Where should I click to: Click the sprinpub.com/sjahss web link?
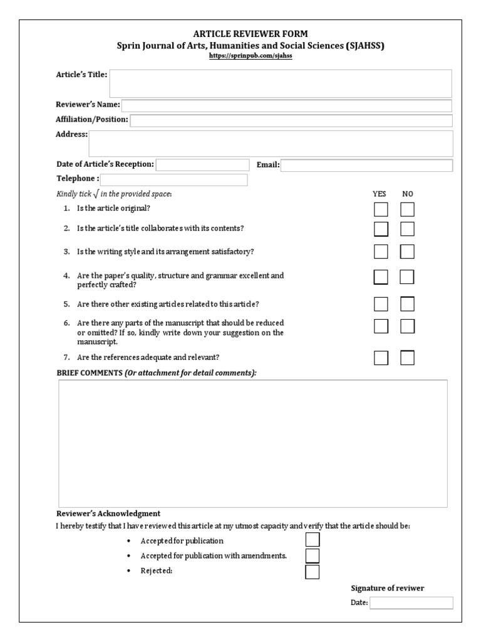(x=250, y=56)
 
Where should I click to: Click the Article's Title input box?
(x=280, y=83)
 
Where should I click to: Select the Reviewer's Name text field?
(x=286, y=105)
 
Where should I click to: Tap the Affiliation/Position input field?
(x=291, y=120)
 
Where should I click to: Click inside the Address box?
(x=271, y=143)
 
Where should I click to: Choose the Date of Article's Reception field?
(x=202, y=165)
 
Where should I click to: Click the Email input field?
(x=366, y=166)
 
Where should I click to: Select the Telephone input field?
(x=169, y=180)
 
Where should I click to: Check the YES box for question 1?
(x=381, y=209)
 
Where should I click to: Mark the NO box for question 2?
(x=408, y=229)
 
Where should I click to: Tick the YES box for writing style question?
(x=381, y=252)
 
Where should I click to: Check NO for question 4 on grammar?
(x=408, y=277)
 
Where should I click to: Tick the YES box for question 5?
(x=381, y=305)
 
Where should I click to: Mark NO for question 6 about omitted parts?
(x=408, y=326)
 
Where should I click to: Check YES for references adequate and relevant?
(x=381, y=358)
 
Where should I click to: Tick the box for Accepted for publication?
(x=312, y=540)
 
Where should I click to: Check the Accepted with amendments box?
(x=312, y=556)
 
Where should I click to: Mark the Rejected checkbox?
(x=312, y=572)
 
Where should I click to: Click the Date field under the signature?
(x=411, y=603)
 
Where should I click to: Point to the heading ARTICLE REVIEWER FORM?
(x=250, y=34)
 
